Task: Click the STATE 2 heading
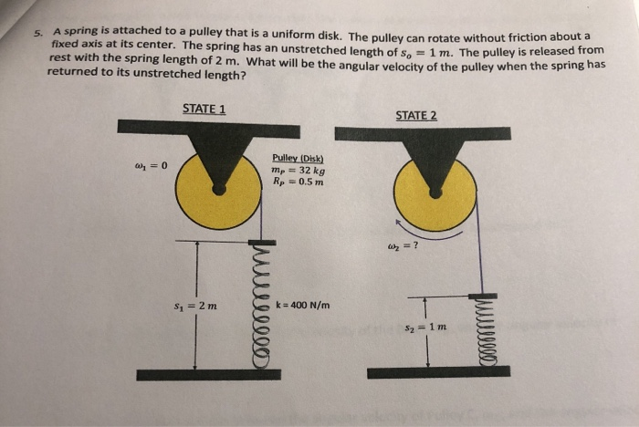click(416, 116)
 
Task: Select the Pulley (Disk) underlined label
click(293, 157)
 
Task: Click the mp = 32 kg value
click(299, 169)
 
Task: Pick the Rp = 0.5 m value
click(298, 181)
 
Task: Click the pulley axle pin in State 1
click(218, 188)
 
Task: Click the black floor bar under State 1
click(208, 374)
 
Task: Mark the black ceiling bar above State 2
click(434, 133)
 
